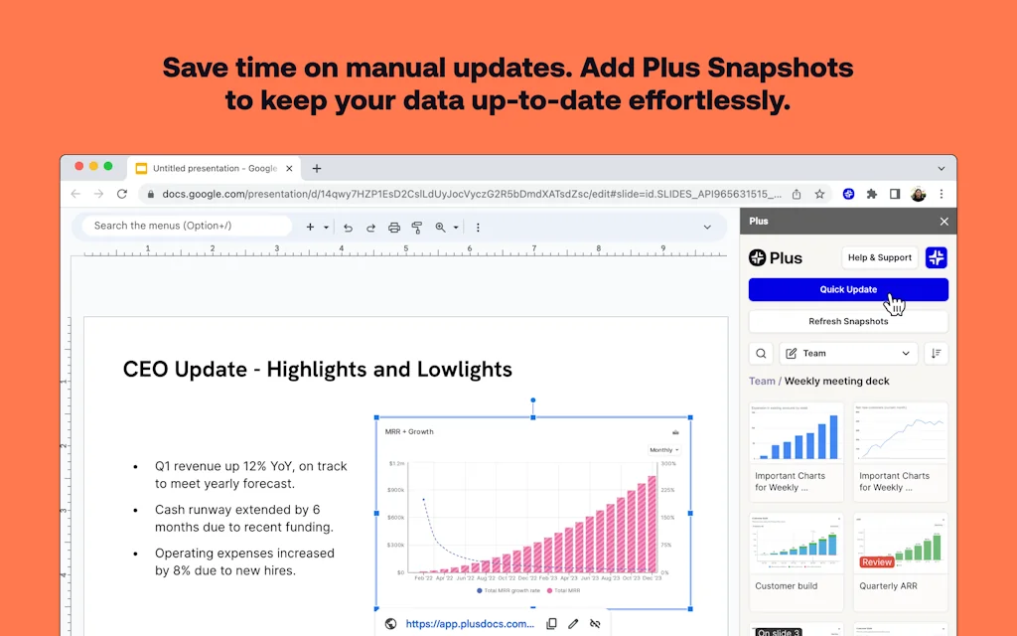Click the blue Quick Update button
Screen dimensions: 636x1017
848,289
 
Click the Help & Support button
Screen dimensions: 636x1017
879,257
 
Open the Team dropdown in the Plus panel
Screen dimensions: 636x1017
848,353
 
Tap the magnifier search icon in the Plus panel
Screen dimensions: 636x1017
761,353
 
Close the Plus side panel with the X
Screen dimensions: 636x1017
944,222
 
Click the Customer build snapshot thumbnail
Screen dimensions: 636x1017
797,542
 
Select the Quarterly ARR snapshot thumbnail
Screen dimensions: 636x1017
900,542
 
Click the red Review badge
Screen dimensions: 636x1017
877,562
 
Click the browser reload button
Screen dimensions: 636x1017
122,194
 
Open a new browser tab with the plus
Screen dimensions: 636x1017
317,169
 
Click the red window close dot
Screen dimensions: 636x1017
77,166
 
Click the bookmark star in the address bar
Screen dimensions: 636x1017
819,194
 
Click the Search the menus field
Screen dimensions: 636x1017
187,226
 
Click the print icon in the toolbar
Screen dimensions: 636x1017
394,228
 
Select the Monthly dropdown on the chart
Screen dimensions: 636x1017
664,450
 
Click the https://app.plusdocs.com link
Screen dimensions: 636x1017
470,624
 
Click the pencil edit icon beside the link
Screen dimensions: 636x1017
573,624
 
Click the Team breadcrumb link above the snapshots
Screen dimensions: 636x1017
762,381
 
